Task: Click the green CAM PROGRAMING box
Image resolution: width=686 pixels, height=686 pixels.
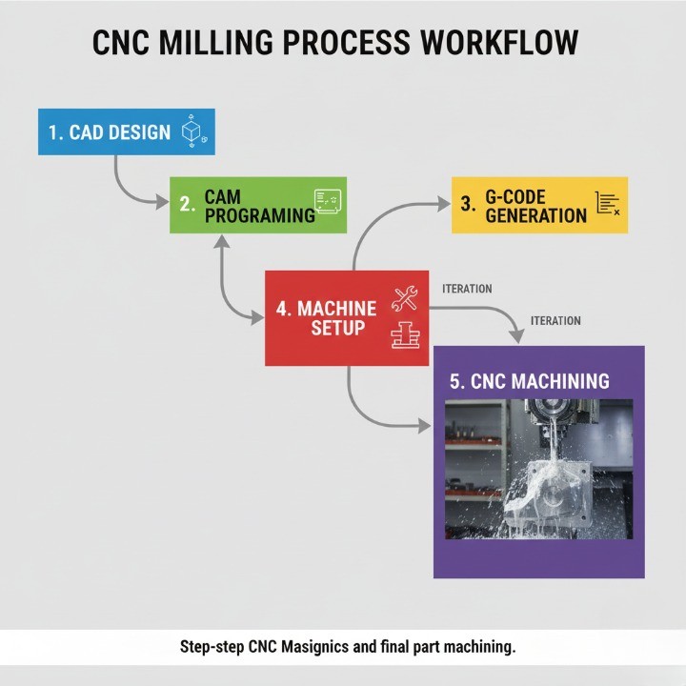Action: point(258,205)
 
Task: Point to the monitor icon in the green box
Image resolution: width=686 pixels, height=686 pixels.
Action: point(328,202)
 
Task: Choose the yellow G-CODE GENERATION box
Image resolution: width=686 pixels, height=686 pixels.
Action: point(539,205)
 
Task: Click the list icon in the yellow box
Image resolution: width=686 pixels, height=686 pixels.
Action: point(607,203)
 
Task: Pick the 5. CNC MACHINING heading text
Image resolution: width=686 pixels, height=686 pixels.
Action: point(529,381)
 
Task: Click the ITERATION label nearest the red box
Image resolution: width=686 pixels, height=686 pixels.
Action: point(467,288)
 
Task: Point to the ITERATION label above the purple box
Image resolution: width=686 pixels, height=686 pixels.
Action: point(555,321)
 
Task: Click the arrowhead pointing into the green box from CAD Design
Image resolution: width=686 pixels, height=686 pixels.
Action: point(161,201)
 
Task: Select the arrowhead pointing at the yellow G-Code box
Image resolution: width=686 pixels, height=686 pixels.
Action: point(442,203)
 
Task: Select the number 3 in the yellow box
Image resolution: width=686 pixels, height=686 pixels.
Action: point(467,204)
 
